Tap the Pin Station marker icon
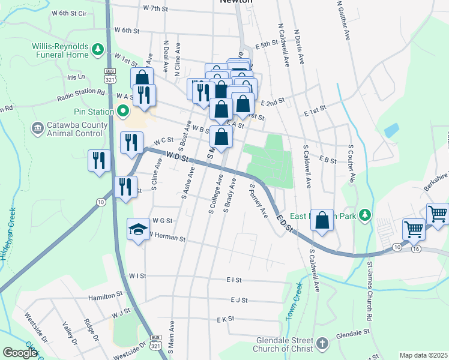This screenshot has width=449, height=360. pos(123,112)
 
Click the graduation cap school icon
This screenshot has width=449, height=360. pos(138,229)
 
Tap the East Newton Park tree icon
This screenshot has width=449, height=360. pos(366,217)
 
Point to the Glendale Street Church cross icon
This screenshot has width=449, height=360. pos(322,343)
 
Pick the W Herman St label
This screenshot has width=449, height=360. pos(168,238)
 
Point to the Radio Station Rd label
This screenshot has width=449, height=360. pos(81,95)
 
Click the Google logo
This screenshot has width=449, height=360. pos(20,352)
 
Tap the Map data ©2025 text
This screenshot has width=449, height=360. pos(423,355)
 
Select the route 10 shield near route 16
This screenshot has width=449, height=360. pos(397,247)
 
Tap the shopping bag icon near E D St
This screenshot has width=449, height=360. pos(323,220)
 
